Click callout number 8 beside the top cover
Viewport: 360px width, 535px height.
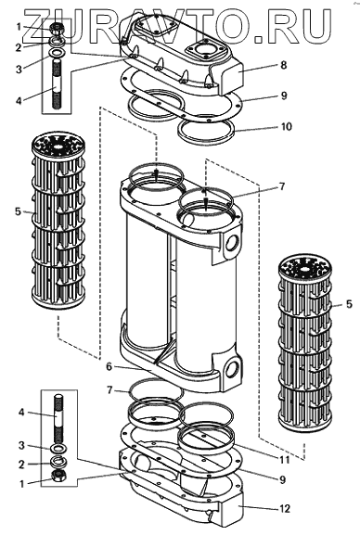(x=284, y=65)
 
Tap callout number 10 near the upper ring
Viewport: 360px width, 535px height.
(x=286, y=127)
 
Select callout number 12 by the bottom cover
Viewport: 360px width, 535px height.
(x=285, y=509)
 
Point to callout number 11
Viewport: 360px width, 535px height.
(x=284, y=460)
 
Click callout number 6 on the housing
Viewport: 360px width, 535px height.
(x=109, y=367)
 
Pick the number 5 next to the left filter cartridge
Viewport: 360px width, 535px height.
(x=19, y=212)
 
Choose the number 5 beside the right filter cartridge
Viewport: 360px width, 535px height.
(x=349, y=304)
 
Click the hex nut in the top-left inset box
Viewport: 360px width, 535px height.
(x=56, y=29)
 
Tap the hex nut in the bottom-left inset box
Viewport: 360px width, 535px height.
(x=58, y=476)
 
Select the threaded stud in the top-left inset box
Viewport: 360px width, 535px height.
(x=57, y=84)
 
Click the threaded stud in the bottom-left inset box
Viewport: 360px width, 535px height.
(x=58, y=417)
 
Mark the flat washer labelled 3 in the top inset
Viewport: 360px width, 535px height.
(x=57, y=54)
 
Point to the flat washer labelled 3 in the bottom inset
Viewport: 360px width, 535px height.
(x=58, y=448)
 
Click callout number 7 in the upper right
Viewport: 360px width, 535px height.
(x=281, y=187)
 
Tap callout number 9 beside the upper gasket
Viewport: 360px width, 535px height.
(x=284, y=96)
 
